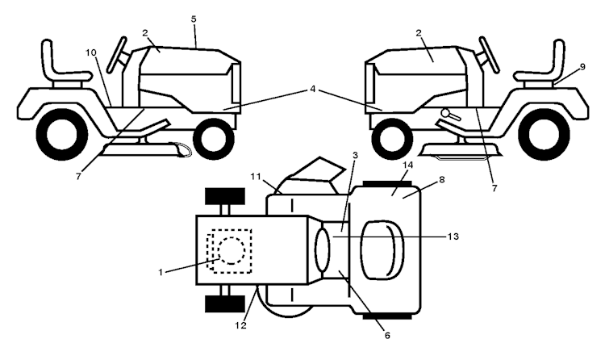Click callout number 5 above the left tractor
point(194,19)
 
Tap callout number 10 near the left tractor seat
point(91,52)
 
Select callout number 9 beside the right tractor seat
point(582,67)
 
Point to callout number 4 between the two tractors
point(312,90)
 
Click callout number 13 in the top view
point(453,236)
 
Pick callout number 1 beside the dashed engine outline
point(161,272)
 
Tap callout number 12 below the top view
point(240,325)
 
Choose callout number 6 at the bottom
point(387,335)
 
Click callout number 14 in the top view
point(407,165)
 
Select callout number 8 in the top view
point(442,180)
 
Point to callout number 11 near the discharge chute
point(256,177)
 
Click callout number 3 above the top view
point(355,156)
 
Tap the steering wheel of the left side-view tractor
point(116,54)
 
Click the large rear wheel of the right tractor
point(544,134)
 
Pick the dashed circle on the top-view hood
point(232,251)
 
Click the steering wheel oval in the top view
point(323,250)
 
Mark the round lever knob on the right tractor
point(446,113)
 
